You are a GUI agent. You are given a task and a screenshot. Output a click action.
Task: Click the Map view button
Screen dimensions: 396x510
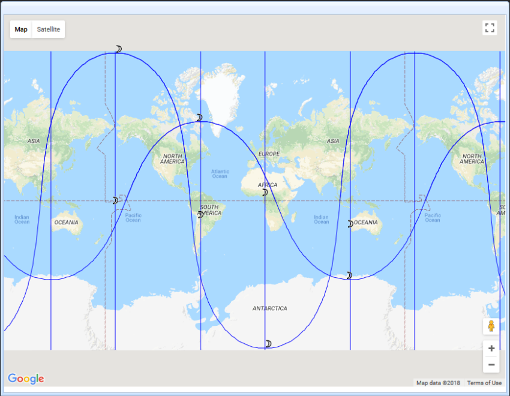click(x=21, y=29)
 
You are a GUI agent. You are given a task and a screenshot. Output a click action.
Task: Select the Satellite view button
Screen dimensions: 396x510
click(x=49, y=29)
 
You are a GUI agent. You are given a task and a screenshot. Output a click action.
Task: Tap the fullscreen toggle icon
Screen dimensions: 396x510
click(x=490, y=28)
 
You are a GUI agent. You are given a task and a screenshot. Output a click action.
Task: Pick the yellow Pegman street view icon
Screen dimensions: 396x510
click(x=491, y=326)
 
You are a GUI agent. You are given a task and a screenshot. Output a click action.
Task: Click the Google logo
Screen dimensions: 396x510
click(x=26, y=379)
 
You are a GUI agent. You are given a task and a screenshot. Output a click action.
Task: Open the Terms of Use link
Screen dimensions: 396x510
click(x=484, y=383)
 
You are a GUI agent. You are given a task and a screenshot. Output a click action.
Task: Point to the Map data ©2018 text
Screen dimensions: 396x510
click(x=438, y=383)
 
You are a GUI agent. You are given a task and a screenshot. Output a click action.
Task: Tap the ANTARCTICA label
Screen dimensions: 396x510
click(x=269, y=308)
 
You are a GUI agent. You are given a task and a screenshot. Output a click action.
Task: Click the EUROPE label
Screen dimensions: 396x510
click(x=269, y=154)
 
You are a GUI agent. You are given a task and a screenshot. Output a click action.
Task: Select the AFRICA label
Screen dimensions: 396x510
click(x=267, y=185)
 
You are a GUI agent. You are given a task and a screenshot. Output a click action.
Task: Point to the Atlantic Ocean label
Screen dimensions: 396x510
click(x=220, y=173)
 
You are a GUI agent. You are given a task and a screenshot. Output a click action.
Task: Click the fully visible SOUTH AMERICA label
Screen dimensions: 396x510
click(x=210, y=210)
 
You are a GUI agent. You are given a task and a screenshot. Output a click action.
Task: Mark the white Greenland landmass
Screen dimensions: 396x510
click(x=220, y=99)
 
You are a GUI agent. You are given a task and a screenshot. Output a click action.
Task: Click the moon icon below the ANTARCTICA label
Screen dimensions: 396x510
click(x=269, y=344)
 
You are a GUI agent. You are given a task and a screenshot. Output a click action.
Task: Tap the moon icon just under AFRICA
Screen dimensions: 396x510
click(x=265, y=193)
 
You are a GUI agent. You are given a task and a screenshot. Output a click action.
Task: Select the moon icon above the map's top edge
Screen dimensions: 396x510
click(x=119, y=49)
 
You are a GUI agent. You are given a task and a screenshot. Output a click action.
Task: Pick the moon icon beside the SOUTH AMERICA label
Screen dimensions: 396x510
click(x=200, y=214)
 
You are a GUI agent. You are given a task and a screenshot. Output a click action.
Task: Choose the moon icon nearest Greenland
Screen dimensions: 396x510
click(x=199, y=118)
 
